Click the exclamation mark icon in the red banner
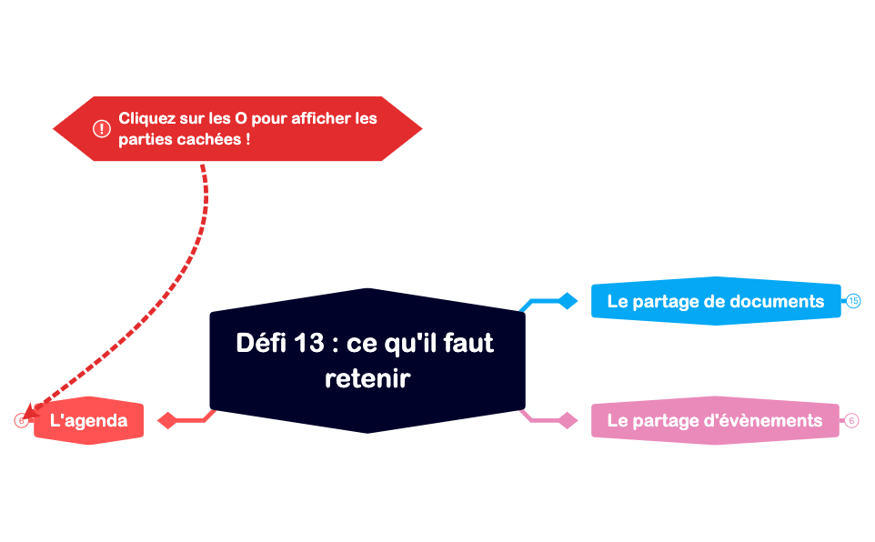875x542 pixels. click(x=102, y=129)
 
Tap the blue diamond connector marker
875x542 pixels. click(x=568, y=301)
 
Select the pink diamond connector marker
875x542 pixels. click(x=568, y=420)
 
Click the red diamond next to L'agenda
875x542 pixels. click(x=166, y=420)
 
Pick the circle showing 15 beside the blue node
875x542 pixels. click(x=853, y=301)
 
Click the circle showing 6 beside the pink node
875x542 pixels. click(x=851, y=420)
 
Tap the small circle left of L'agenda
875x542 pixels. click(x=21, y=421)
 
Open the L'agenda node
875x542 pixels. click(x=88, y=422)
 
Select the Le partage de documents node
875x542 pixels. click(x=715, y=301)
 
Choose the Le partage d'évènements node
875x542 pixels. click(x=714, y=420)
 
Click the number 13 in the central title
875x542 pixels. click(x=310, y=343)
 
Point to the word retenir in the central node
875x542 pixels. click(x=367, y=378)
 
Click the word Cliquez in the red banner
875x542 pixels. click(x=146, y=118)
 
